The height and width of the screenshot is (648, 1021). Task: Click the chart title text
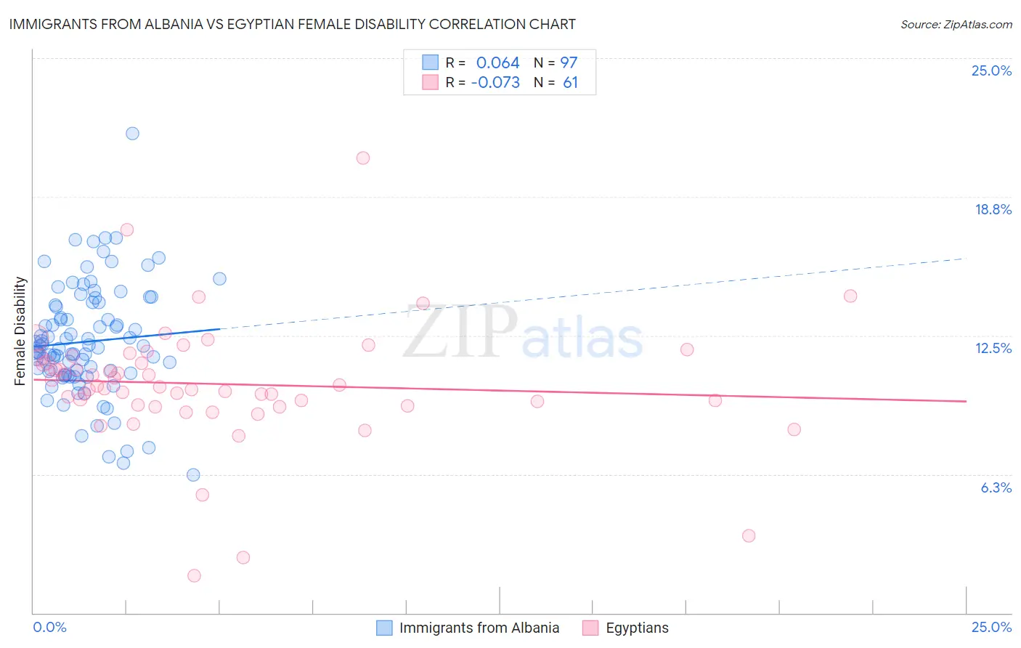tap(293, 24)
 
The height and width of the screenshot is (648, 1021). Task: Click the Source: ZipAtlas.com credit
tap(956, 24)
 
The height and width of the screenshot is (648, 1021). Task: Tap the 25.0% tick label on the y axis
tap(991, 70)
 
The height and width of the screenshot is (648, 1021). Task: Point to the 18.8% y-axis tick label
tap(993, 209)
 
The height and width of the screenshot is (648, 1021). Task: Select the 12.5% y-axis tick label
tap(993, 348)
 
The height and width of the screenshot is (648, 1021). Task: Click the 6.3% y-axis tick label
tap(996, 487)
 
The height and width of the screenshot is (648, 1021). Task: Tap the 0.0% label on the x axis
tap(49, 627)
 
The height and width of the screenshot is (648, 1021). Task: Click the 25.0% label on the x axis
tap(991, 627)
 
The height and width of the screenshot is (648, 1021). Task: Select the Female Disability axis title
tap(20, 331)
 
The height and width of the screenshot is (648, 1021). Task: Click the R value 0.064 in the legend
tap(497, 62)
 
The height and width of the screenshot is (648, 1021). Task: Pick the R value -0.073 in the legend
tap(495, 82)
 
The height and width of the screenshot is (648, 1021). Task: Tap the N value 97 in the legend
tap(569, 62)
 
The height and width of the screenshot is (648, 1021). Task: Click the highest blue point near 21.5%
tap(132, 133)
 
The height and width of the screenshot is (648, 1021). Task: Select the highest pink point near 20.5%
tap(363, 158)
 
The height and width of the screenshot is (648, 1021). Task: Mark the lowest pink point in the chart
tap(194, 575)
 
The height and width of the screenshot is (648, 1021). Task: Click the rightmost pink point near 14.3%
tap(850, 296)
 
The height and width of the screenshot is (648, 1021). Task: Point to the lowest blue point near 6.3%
tap(193, 474)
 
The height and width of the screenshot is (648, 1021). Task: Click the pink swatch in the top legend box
tap(430, 82)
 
